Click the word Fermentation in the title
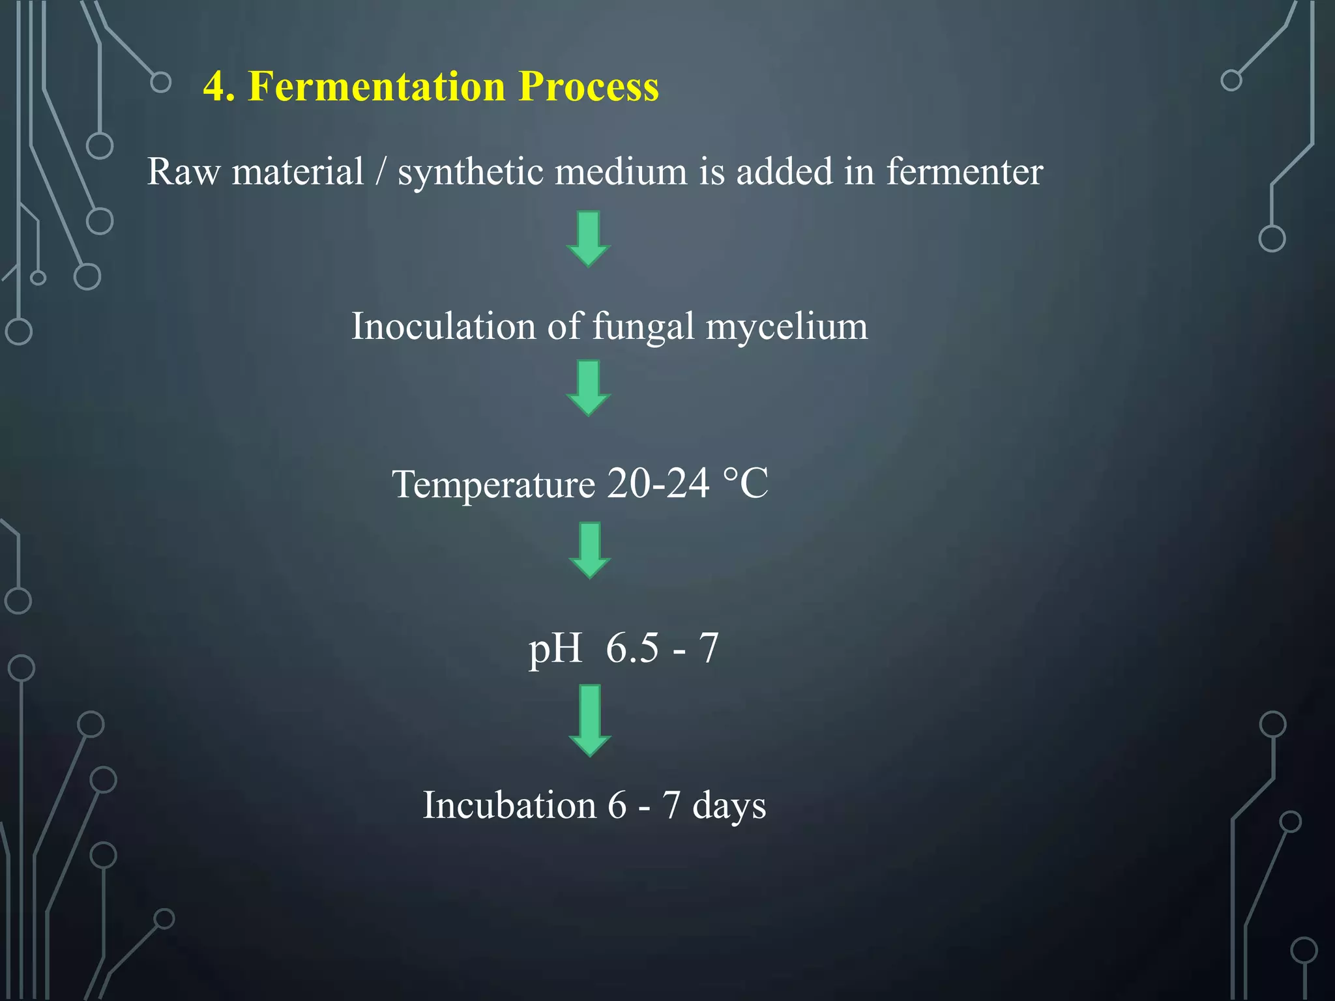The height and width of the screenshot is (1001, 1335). point(377,86)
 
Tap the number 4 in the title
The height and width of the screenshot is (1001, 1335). point(216,86)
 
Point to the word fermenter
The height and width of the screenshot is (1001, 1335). point(964,172)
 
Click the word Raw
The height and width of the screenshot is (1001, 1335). point(183,172)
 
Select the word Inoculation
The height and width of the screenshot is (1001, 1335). point(443,326)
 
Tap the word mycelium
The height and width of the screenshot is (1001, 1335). point(787,327)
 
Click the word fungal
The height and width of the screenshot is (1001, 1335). point(643,327)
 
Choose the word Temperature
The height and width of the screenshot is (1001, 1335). point(493,485)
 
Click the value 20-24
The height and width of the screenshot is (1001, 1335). point(658,484)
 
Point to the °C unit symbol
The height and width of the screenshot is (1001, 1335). point(746,484)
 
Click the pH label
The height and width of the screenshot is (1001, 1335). point(555,649)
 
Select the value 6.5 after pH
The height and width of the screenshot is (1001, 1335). point(632,648)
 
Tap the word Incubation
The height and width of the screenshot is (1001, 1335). point(509,805)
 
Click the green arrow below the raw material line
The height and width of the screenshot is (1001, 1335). point(589,239)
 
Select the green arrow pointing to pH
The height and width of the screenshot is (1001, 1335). point(589,550)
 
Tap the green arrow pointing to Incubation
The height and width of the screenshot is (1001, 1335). point(589,719)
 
